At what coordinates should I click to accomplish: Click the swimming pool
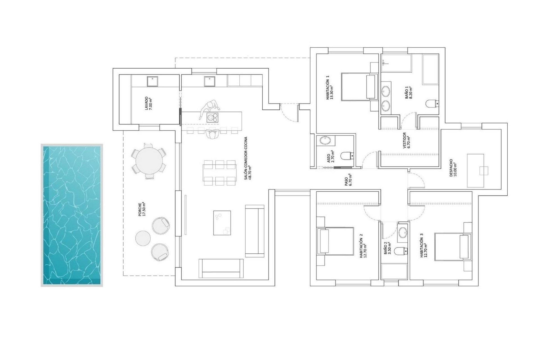coord(72,215)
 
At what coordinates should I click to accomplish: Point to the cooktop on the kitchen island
coord(212,117)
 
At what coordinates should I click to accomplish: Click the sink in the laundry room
coord(153,81)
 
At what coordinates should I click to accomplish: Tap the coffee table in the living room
coord(222,223)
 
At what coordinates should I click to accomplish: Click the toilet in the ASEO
coord(346,155)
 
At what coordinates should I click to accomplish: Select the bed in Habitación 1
coord(359,87)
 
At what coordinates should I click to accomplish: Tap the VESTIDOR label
coord(406,140)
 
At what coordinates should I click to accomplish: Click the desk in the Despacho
coord(475,170)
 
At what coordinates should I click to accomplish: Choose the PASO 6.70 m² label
coord(348,180)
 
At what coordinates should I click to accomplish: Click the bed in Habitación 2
coord(335,241)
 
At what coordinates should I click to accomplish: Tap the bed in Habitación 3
coord(453,246)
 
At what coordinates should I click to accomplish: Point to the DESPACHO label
coord(453,168)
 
